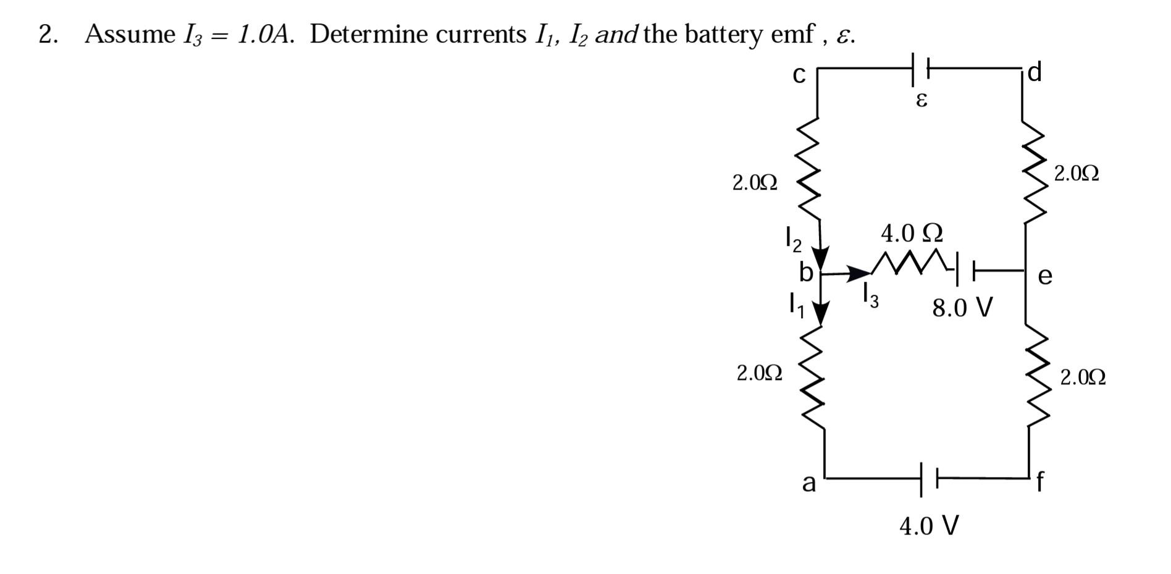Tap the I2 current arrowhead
point(820,256)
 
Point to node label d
point(1035,72)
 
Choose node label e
point(1045,276)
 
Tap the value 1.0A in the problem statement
point(264,35)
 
